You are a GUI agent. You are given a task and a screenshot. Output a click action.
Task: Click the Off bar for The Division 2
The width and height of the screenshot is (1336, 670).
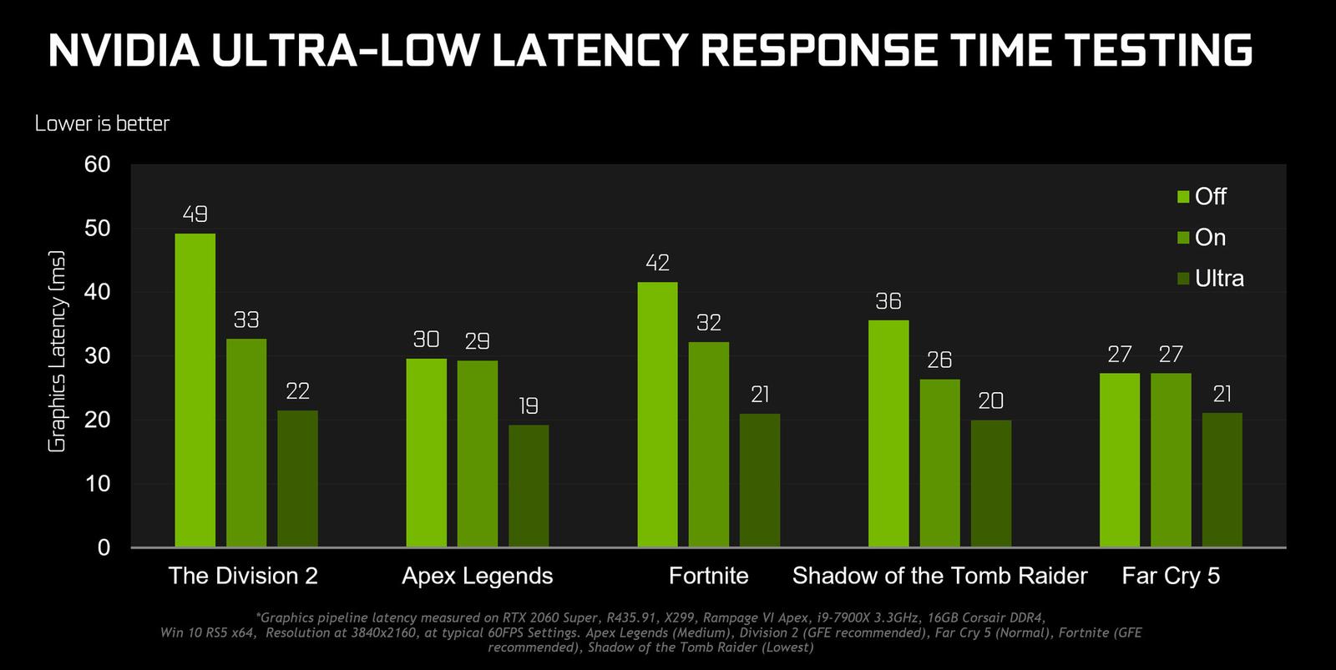[195, 390]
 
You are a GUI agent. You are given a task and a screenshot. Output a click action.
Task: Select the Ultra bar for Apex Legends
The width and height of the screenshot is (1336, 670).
[529, 486]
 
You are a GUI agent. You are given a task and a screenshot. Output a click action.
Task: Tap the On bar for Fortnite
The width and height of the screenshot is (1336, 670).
[708, 444]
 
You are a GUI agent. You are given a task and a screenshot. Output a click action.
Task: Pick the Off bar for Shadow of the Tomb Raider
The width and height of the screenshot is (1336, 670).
[888, 433]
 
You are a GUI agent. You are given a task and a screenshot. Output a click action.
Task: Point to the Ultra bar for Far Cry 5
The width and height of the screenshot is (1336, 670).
[1222, 480]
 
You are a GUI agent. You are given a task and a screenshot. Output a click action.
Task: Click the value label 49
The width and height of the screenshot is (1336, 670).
[195, 214]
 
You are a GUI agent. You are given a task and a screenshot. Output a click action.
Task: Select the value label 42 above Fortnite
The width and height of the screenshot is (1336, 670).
[657, 263]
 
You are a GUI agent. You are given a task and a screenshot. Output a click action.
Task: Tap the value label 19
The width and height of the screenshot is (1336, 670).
[529, 406]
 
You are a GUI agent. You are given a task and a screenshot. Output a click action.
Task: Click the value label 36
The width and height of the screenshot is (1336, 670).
[888, 301]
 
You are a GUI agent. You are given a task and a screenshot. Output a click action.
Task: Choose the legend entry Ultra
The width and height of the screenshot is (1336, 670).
[1219, 279]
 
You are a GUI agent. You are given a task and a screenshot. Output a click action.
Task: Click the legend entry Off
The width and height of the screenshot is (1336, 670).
[1210, 197]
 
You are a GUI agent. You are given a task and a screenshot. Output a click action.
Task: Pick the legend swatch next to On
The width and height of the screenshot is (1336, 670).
[1183, 238]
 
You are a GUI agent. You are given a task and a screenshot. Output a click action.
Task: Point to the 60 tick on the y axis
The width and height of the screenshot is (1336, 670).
[98, 164]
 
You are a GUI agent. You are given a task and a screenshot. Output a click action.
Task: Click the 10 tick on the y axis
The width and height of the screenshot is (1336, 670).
[98, 484]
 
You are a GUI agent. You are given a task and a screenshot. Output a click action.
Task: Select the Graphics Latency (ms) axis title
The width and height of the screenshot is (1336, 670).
[57, 351]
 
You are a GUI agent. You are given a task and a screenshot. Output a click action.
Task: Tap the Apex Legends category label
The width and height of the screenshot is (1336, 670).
[477, 576]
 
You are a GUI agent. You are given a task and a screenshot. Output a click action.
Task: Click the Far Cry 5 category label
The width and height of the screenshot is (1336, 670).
[1171, 576]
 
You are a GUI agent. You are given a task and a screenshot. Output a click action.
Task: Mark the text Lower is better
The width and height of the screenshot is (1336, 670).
[102, 123]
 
